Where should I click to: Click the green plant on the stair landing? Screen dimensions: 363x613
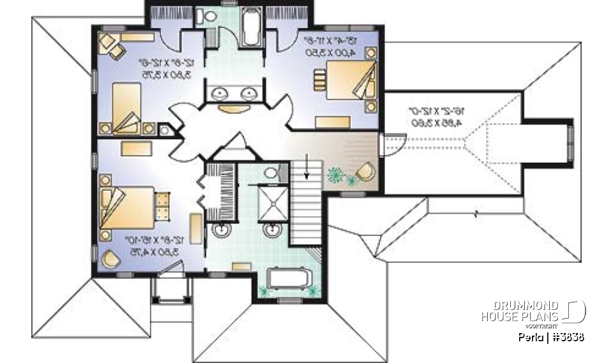[x=334, y=174]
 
